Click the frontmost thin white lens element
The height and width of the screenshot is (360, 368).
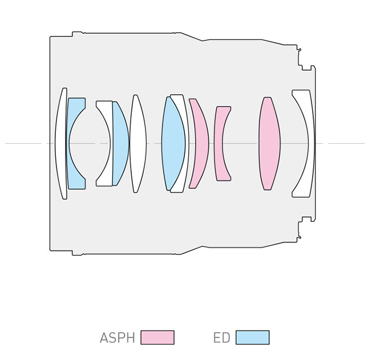pyautogui.click(x=60, y=143)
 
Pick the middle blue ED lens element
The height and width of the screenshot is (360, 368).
pyautogui.click(x=120, y=143)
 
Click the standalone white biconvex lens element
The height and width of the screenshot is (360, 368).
pyautogui.click(x=138, y=143)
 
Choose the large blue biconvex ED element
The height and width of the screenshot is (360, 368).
pyautogui.click(x=173, y=143)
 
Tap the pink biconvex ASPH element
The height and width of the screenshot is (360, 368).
pyautogui.click(x=269, y=143)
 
